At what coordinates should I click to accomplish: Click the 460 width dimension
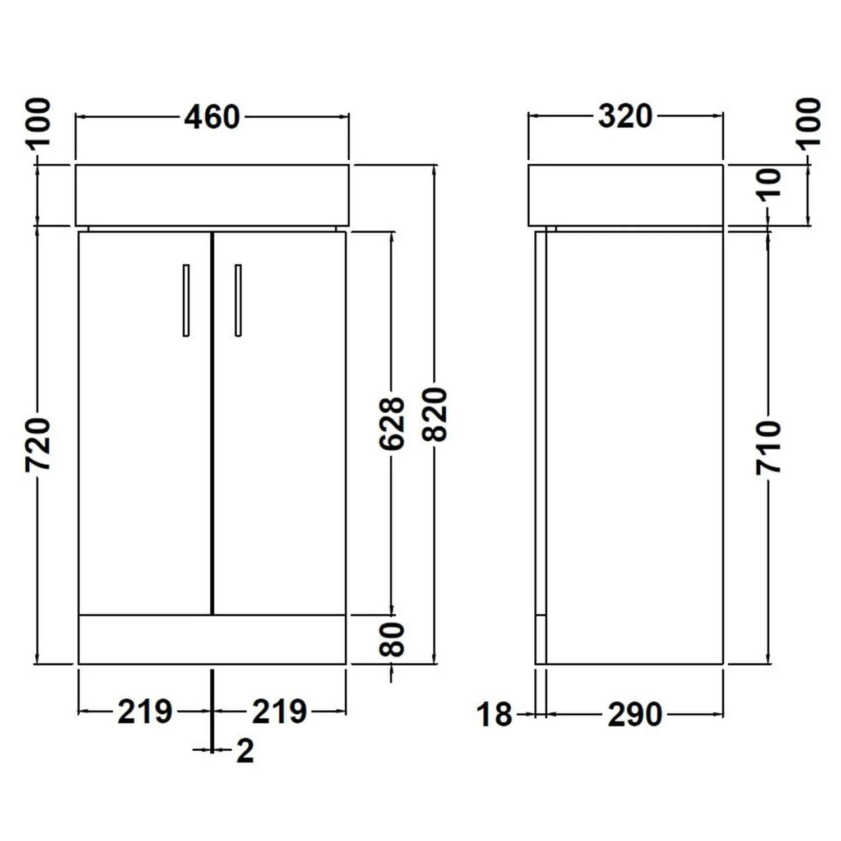pyautogui.click(x=212, y=117)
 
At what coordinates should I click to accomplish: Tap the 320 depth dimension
pyautogui.click(x=625, y=117)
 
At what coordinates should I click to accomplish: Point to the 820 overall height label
pyautogui.click(x=436, y=414)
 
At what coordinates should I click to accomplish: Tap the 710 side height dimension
pyautogui.click(x=768, y=447)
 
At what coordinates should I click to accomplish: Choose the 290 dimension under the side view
pyautogui.click(x=635, y=715)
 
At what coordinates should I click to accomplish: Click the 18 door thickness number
pyautogui.click(x=495, y=715)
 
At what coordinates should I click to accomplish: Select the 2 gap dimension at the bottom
pyautogui.click(x=245, y=750)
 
